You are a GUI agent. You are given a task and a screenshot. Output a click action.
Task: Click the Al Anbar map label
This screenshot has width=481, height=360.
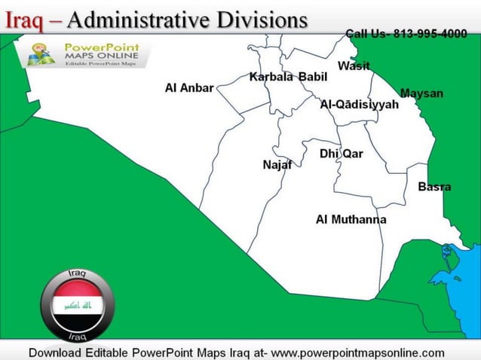click(x=189, y=88)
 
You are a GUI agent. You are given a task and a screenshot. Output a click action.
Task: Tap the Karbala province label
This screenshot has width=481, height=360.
click(x=271, y=77)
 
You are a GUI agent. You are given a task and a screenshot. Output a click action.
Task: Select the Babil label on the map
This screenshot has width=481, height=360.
click(x=313, y=77)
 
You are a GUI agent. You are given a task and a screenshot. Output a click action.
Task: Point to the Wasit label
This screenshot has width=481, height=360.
click(x=354, y=66)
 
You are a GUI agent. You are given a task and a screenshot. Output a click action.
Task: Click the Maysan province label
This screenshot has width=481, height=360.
click(x=421, y=93)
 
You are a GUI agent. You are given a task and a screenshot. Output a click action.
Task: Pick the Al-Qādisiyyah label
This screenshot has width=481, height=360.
click(x=359, y=105)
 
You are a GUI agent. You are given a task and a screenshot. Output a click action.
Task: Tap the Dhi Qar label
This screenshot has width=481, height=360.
click(x=341, y=154)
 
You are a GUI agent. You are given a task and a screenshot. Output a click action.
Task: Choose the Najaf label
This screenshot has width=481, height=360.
click(x=277, y=165)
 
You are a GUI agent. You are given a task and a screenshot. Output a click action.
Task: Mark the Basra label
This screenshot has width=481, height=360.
click(x=434, y=187)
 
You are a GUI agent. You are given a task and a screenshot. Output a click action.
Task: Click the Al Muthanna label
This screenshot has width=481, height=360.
click(x=351, y=220)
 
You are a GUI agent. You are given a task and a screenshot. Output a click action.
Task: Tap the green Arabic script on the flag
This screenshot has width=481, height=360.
click(x=78, y=306)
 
